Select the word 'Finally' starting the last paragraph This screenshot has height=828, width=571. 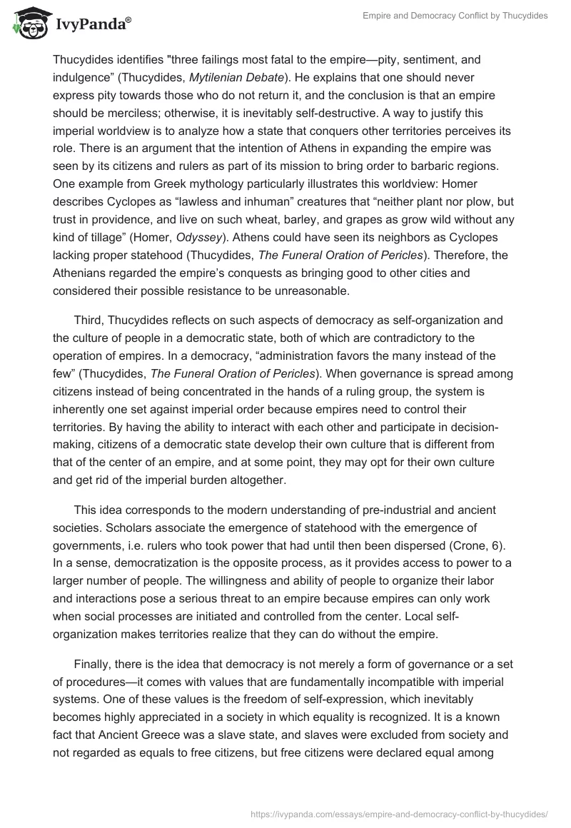94,664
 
